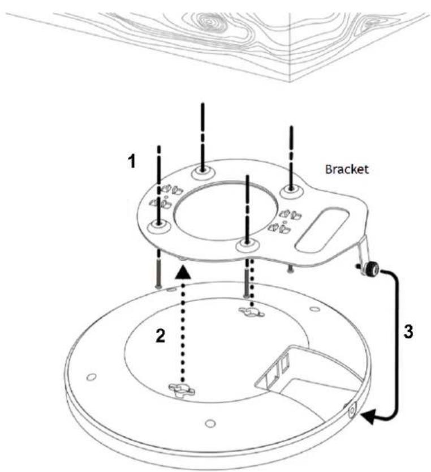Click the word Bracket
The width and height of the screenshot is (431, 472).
(347, 169)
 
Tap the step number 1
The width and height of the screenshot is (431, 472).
(132, 161)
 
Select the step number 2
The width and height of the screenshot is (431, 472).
(160, 336)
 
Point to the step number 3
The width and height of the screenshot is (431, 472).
(408, 332)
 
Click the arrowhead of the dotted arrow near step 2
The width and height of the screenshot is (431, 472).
(183, 272)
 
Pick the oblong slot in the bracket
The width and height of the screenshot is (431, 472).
(323, 230)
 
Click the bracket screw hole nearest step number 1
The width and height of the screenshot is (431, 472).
(159, 225)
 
